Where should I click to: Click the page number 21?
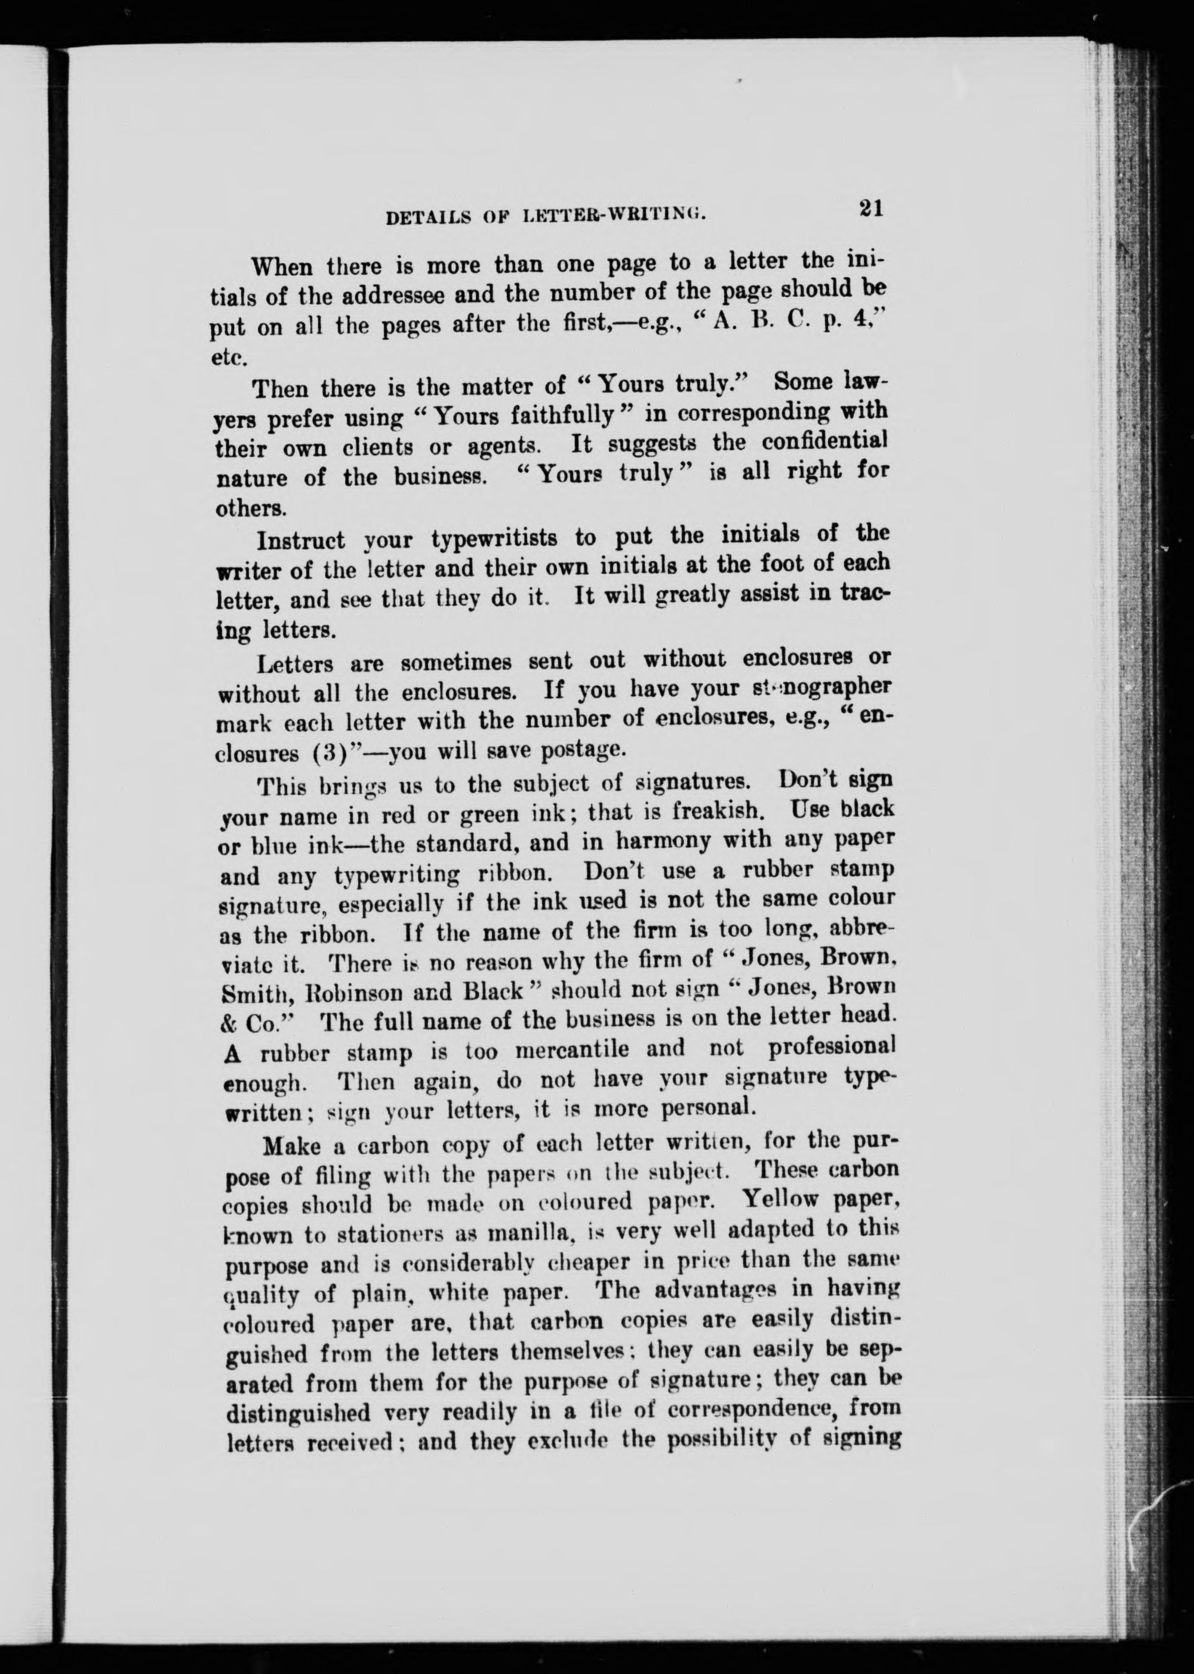pyautogui.click(x=869, y=208)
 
